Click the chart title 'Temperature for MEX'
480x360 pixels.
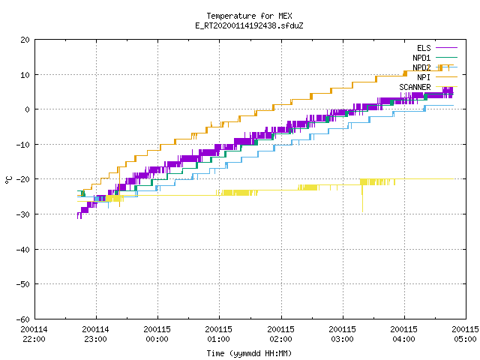pyautogui.click(x=249, y=16)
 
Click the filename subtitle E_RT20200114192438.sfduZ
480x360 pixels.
pyautogui.click(x=249, y=25)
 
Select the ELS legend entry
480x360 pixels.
pyautogui.click(x=437, y=48)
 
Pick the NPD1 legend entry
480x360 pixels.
pyautogui.click(x=435, y=58)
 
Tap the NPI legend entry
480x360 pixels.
pyautogui.click(x=437, y=77)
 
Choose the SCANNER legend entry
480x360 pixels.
pyautogui.click(x=428, y=87)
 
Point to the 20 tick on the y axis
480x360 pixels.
pyautogui.click(x=25, y=40)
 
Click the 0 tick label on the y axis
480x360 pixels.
pyautogui.click(x=28, y=109)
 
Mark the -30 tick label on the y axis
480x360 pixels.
pyautogui.click(x=23, y=214)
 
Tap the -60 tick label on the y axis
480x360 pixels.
pyautogui.click(x=23, y=319)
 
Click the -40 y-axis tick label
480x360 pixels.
pyautogui.click(x=23, y=250)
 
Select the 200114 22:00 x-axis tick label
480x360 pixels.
pyautogui.click(x=34, y=334)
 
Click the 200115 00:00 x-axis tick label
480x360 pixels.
pyautogui.click(x=157, y=334)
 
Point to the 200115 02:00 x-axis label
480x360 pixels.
pyautogui.click(x=280, y=334)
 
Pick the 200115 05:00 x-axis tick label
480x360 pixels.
pyautogui.click(x=465, y=334)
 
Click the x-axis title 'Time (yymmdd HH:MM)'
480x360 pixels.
pyautogui.click(x=249, y=353)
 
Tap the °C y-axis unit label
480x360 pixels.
pyautogui.click(x=8, y=180)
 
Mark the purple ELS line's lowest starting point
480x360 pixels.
pyautogui.click(x=78, y=218)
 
